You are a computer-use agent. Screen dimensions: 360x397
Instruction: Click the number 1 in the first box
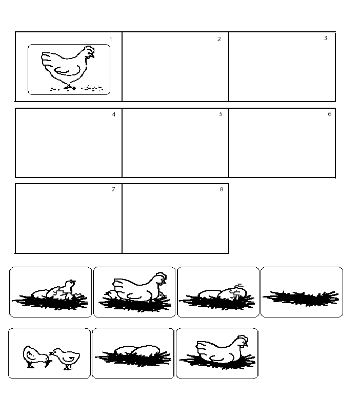111,39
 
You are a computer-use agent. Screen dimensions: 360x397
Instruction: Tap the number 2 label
219,39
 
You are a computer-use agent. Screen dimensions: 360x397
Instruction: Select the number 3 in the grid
326,38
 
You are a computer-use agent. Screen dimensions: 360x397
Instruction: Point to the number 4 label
114,114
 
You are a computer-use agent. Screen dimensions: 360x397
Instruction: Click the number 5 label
221,114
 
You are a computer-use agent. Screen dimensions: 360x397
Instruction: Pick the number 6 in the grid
330,114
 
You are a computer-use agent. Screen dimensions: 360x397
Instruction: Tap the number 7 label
113,189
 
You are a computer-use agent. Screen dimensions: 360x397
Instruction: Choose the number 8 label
222,189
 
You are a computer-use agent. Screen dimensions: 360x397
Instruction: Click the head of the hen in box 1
89,52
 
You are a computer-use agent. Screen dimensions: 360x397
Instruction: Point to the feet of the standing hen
70,87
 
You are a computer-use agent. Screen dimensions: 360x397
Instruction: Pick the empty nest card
302,292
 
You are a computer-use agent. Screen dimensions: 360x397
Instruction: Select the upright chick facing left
65,358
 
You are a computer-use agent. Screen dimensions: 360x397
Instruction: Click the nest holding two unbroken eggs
133,355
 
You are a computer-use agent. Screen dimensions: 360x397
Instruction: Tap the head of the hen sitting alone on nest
242,341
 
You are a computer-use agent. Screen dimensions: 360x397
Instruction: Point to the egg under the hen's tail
112,294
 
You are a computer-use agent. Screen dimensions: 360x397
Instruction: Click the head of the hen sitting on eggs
161,278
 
